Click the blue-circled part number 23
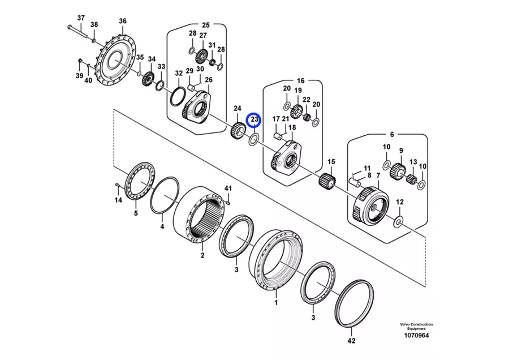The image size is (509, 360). click(x=255, y=119)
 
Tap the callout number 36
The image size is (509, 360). click(x=123, y=22)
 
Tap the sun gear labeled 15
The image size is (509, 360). click(x=326, y=182)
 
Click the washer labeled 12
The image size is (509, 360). click(x=398, y=221)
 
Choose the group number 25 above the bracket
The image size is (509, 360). click(x=206, y=25)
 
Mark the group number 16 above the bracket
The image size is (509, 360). click(x=300, y=81)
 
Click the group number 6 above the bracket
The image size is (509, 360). click(x=391, y=135)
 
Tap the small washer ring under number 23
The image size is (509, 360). click(x=255, y=139)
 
